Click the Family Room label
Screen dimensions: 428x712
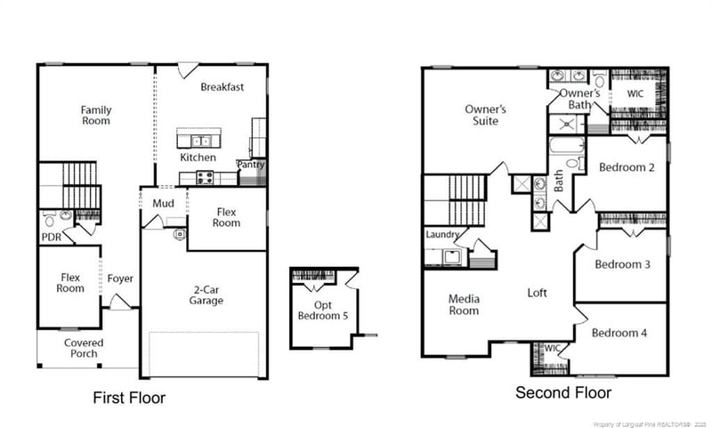96,115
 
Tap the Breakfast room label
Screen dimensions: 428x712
222,87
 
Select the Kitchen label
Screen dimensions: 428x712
198,157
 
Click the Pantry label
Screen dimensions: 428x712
250,165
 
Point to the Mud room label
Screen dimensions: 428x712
163,204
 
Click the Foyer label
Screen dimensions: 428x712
120,279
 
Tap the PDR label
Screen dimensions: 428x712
51,238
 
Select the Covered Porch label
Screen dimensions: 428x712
84,348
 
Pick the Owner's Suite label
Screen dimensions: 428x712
485,115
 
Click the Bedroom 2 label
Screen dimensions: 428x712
627,167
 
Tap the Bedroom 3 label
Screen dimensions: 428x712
623,264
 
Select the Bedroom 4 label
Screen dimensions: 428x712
619,333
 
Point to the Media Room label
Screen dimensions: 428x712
464,304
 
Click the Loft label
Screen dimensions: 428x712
538,292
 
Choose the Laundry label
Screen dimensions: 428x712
442,235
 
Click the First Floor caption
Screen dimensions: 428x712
129,398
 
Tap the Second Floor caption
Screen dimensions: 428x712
563,392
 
